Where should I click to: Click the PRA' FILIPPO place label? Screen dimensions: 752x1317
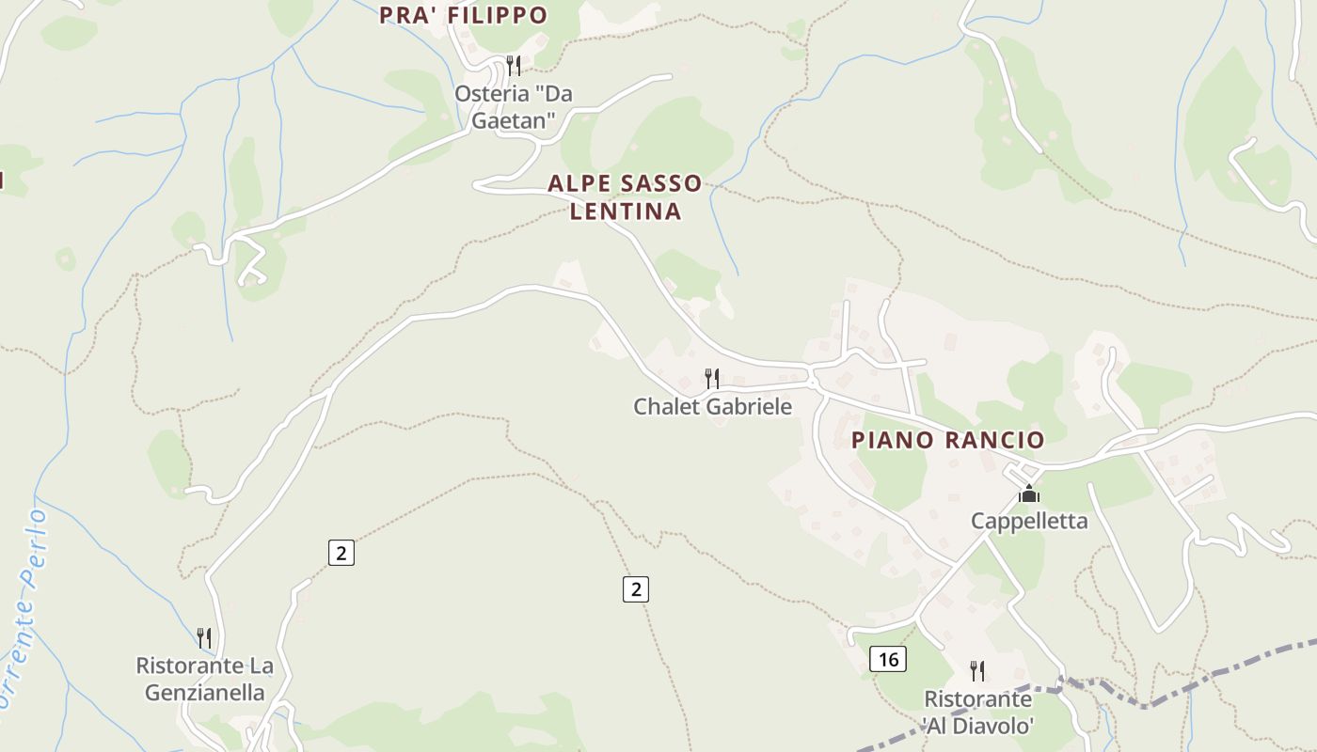coord(463,15)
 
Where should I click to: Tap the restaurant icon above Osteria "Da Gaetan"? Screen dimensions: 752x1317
coord(514,66)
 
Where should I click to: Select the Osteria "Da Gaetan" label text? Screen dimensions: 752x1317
coord(514,107)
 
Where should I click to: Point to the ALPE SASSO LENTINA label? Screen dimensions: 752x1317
coord(626,197)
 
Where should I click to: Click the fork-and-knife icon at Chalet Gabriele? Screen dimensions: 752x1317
coord(712,379)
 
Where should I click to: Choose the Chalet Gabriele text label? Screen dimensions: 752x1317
coord(712,407)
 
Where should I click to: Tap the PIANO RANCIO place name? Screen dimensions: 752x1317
coord(947,440)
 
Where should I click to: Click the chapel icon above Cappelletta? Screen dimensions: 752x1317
coord(1029,493)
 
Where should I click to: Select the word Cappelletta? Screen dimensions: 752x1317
coord(1029,521)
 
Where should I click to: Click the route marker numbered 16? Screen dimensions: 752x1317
coord(887,660)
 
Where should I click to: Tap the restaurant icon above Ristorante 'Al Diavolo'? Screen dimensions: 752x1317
coord(978,671)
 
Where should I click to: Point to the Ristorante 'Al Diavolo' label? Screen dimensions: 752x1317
coord(978,712)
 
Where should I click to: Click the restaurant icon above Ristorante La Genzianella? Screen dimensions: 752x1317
coord(204,638)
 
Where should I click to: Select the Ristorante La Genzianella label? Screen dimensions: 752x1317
coord(205,679)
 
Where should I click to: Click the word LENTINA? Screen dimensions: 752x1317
coord(626,211)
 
